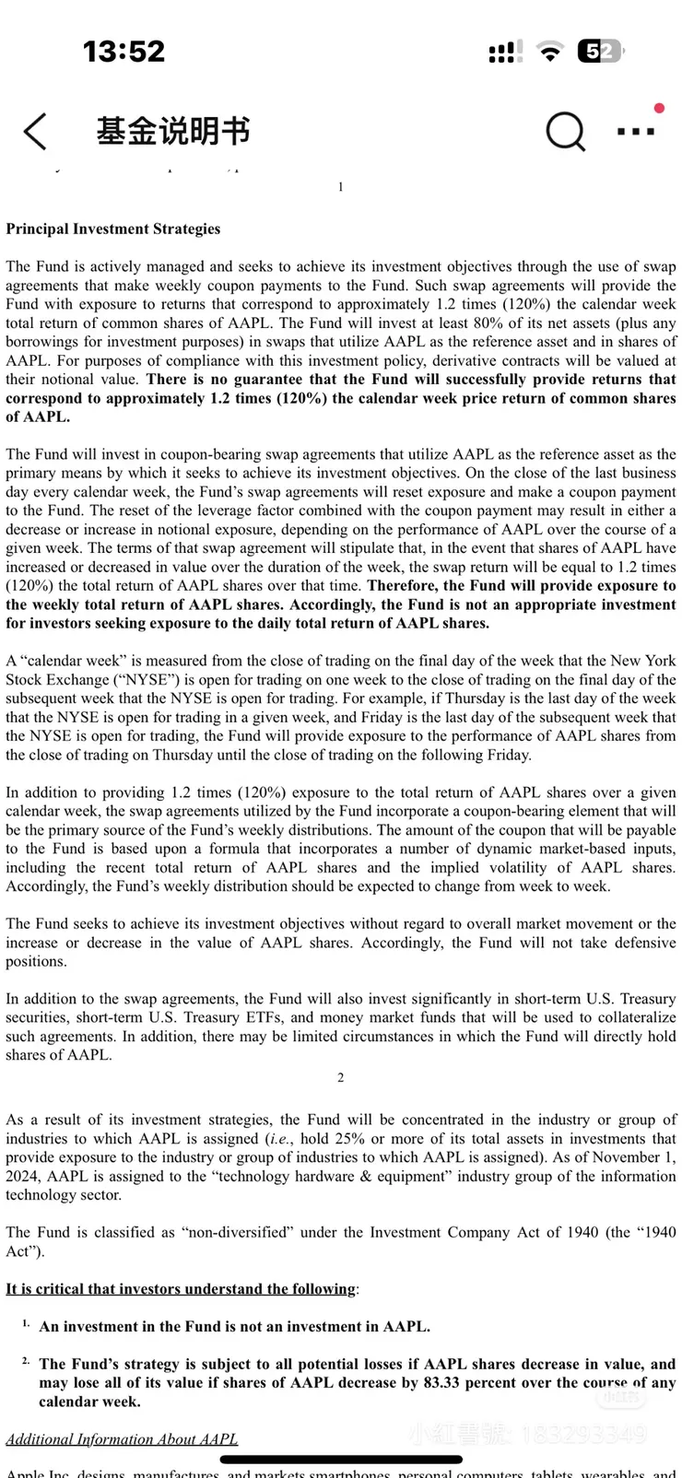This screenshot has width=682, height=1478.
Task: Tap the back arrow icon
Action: [x=35, y=132]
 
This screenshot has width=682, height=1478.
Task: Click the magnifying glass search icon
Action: [x=564, y=132]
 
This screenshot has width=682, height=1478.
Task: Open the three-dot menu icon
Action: [x=636, y=132]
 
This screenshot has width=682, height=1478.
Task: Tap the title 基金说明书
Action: [x=173, y=131]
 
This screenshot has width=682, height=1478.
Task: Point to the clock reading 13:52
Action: [x=123, y=51]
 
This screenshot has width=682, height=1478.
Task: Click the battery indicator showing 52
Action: [x=599, y=52]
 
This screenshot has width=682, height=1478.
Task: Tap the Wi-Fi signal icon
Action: [x=550, y=53]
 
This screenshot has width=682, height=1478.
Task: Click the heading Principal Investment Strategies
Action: [x=113, y=229]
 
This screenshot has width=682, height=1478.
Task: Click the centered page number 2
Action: [x=341, y=1077]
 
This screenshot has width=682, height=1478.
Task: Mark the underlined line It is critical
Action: [x=181, y=1289]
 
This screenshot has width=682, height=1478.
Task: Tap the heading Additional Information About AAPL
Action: [x=122, y=1439]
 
